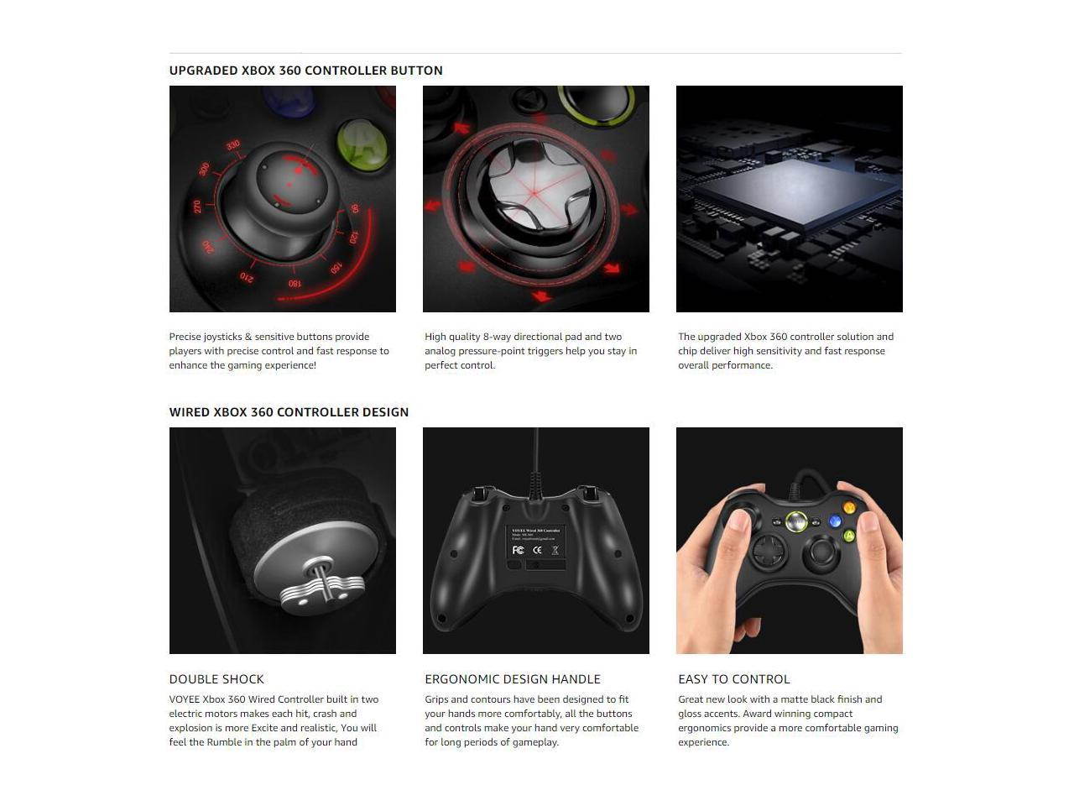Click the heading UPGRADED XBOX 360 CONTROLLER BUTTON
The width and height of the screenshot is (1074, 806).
pos(305,71)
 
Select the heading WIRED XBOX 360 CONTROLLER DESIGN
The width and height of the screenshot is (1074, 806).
pos(289,412)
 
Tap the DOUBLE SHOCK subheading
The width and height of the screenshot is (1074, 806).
pos(216,679)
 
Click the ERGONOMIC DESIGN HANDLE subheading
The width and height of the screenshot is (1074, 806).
pos(512,679)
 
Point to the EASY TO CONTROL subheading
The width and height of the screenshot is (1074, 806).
pos(733,679)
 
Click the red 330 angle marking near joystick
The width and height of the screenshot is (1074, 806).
pos(233,145)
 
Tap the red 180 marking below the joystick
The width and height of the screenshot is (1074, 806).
pos(295,284)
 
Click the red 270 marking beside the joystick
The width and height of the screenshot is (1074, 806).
pos(197,207)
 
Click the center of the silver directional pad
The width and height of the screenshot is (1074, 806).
pos(535,192)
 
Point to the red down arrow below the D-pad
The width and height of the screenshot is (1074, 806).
pos(541,296)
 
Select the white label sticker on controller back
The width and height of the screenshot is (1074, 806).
pos(535,542)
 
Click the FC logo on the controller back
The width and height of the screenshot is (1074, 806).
pos(518,550)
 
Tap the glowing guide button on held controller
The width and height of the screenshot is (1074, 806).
pos(796,522)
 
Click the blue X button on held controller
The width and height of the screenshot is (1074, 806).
pos(834,521)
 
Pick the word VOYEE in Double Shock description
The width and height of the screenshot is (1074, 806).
pos(184,699)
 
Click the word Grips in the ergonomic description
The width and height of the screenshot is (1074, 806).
pos(436,699)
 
